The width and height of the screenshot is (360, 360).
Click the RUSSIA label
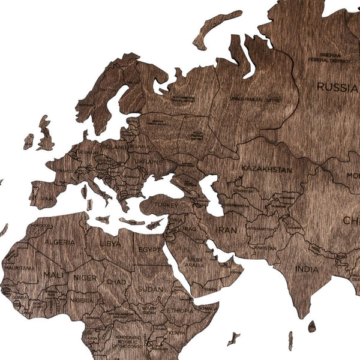click(337, 87)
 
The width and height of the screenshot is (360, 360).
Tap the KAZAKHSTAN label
click(268, 170)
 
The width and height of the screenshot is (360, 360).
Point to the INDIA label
click(308, 269)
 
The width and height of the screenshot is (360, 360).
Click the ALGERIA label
click(59, 242)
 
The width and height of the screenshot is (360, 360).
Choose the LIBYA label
click(110, 244)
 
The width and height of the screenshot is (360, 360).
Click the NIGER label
click(85, 278)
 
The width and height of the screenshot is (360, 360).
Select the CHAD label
click(116, 282)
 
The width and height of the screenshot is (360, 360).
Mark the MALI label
click(51, 275)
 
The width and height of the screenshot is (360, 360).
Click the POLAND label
click(114, 146)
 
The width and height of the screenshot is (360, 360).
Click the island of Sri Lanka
click(312, 326)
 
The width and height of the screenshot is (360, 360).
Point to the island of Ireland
click(28, 142)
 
